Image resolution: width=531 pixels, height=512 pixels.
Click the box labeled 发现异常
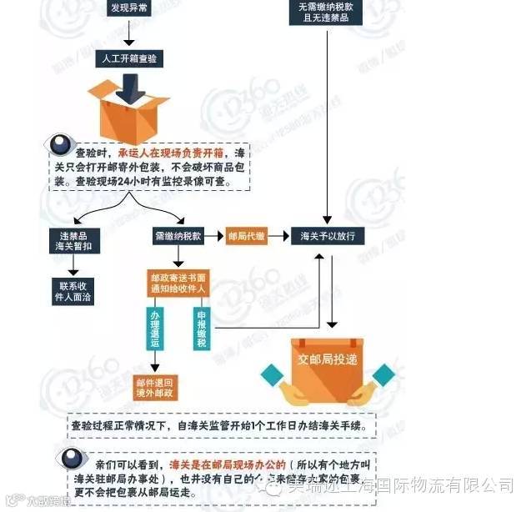(131, 8)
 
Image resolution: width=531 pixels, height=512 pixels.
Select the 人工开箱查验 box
(131, 58)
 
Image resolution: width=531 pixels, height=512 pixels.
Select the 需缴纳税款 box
(178, 236)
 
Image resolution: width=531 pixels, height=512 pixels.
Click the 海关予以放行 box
(328, 236)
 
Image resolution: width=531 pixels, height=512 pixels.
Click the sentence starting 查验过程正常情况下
(225, 425)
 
